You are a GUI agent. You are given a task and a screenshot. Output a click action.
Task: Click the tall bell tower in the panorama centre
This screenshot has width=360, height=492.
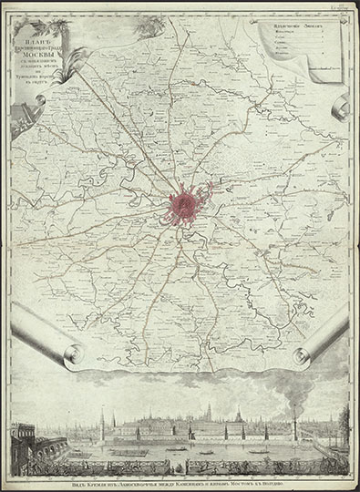[208, 415]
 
